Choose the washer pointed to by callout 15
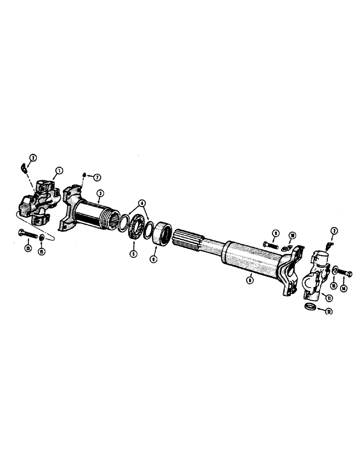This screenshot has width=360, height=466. click(42, 239)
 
